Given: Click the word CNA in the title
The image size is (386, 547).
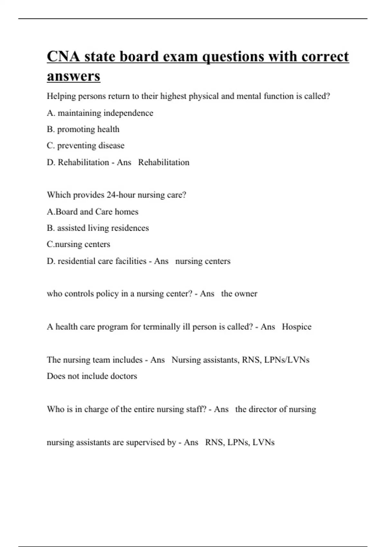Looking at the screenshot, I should tap(63, 56).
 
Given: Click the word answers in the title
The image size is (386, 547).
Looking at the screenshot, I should tap(74, 76).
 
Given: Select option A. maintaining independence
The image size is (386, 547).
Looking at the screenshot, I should tap(100, 113).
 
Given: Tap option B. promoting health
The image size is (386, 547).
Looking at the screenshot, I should tap(83, 129).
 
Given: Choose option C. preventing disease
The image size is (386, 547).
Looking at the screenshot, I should tap(86, 145).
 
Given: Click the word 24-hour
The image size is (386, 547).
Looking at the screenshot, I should tap(121, 195).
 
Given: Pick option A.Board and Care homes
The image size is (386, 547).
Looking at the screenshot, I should tap(93, 212).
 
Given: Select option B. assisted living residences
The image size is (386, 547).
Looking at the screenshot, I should tap(98, 228).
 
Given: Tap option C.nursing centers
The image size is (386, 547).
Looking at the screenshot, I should tap(78, 244).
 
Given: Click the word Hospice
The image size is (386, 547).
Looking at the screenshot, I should tap(297, 327).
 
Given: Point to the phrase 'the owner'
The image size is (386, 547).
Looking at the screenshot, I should tap(239, 294).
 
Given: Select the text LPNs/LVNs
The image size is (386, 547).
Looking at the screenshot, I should tap(287, 360).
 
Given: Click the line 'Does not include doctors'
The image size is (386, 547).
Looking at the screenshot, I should tap(92, 376).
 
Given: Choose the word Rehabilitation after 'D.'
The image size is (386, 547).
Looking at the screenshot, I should tap(83, 162).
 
